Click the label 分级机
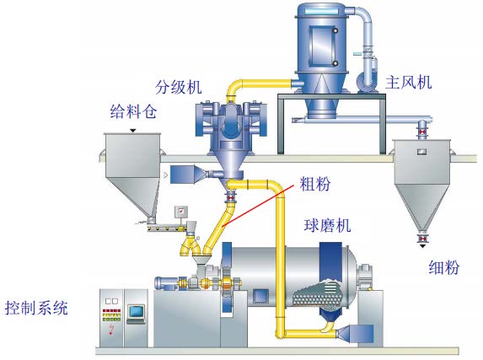pos(179,87)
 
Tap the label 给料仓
pos(133,111)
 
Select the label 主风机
pos(409,83)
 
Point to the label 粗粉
pos(315,184)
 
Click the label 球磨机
pos(327,225)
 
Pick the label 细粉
pos(444,267)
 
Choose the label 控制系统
pos(36,308)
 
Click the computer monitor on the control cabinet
pos(137,312)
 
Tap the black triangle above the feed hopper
pos(133,131)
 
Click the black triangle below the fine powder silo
pos(422,246)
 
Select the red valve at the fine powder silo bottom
pos(422,238)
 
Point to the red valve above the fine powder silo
pos(421,132)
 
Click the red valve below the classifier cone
pos(230,196)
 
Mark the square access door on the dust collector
pos(323,46)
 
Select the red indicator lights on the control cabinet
pos(111,311)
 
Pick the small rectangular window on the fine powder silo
pos(422,152)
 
